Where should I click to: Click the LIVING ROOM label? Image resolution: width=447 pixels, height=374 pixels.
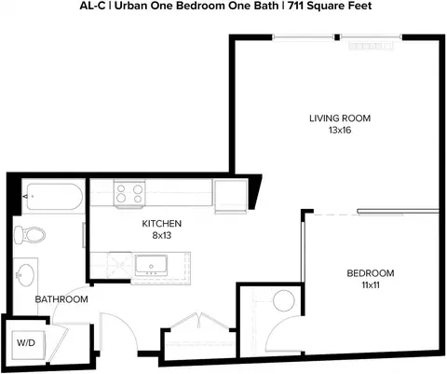tap(340, 118)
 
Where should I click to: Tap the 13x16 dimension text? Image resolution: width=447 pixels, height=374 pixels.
tap(340, 130)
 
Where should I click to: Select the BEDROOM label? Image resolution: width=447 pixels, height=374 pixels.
tap(371, 273)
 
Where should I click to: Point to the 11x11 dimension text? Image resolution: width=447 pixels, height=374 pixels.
tap(371, 285)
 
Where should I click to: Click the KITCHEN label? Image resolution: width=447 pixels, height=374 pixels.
tap(162, 224)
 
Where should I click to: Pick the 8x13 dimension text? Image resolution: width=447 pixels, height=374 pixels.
tap(162, 235)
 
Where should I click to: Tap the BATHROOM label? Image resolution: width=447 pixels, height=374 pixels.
tap(61, 299)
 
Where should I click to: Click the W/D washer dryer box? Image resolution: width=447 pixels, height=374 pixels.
tap(28, 344)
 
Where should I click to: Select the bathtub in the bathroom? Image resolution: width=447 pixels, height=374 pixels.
tap(55, 197)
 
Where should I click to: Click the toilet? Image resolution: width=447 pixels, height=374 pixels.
tap(30, 235)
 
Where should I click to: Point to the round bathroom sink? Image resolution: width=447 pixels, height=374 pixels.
tap(25, 275)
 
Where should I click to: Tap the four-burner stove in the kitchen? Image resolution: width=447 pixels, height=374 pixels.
tap(129, 193)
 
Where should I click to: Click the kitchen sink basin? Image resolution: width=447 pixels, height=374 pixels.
tap(151, 265)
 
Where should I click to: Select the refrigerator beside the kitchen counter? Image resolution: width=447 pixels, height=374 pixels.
tap(231, 196)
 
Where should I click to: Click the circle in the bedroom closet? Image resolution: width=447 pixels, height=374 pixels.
tap(284, 300)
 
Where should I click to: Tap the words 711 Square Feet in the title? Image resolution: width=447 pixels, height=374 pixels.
tap(330, 6)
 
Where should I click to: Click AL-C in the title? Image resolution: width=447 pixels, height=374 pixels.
tap(92, 6)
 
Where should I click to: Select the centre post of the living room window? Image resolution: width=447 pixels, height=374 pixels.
tap(337, 37)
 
